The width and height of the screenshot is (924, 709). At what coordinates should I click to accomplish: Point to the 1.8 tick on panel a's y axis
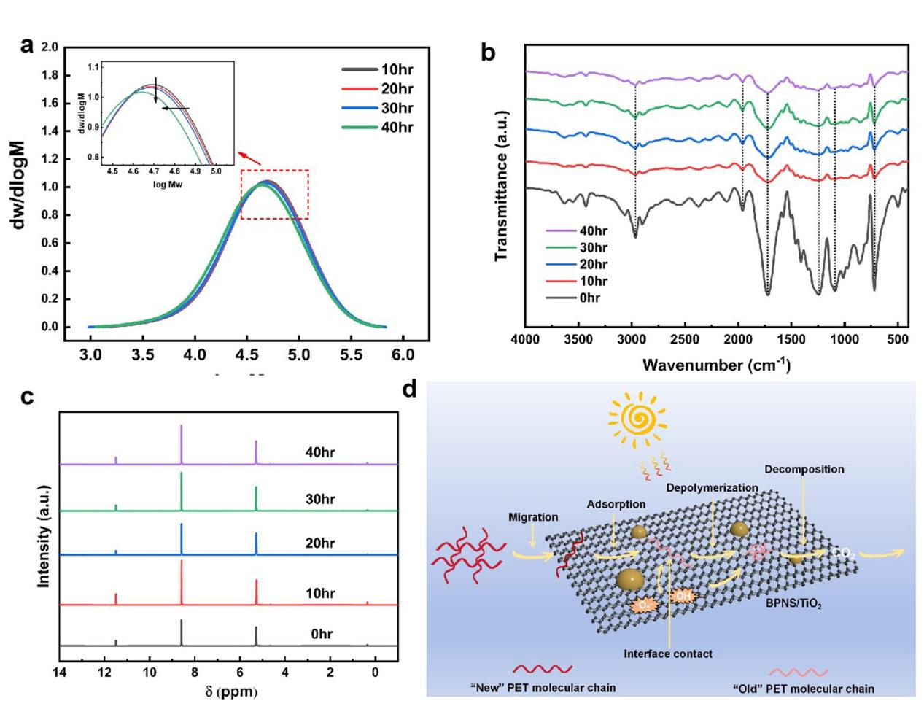coord(50,75)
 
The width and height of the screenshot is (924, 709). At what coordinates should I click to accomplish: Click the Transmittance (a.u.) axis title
coord(501,186)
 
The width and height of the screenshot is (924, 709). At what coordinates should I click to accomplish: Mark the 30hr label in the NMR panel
coord(320,500)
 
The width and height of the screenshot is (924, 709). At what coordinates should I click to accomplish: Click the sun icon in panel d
coord(639,421)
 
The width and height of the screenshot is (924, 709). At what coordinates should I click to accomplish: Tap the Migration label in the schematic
coord(534,517)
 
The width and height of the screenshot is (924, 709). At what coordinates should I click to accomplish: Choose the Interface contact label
coord(667,654)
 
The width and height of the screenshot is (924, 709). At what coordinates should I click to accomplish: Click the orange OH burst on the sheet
coord(683,597)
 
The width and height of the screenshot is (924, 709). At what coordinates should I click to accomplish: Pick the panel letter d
coord(410,390)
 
